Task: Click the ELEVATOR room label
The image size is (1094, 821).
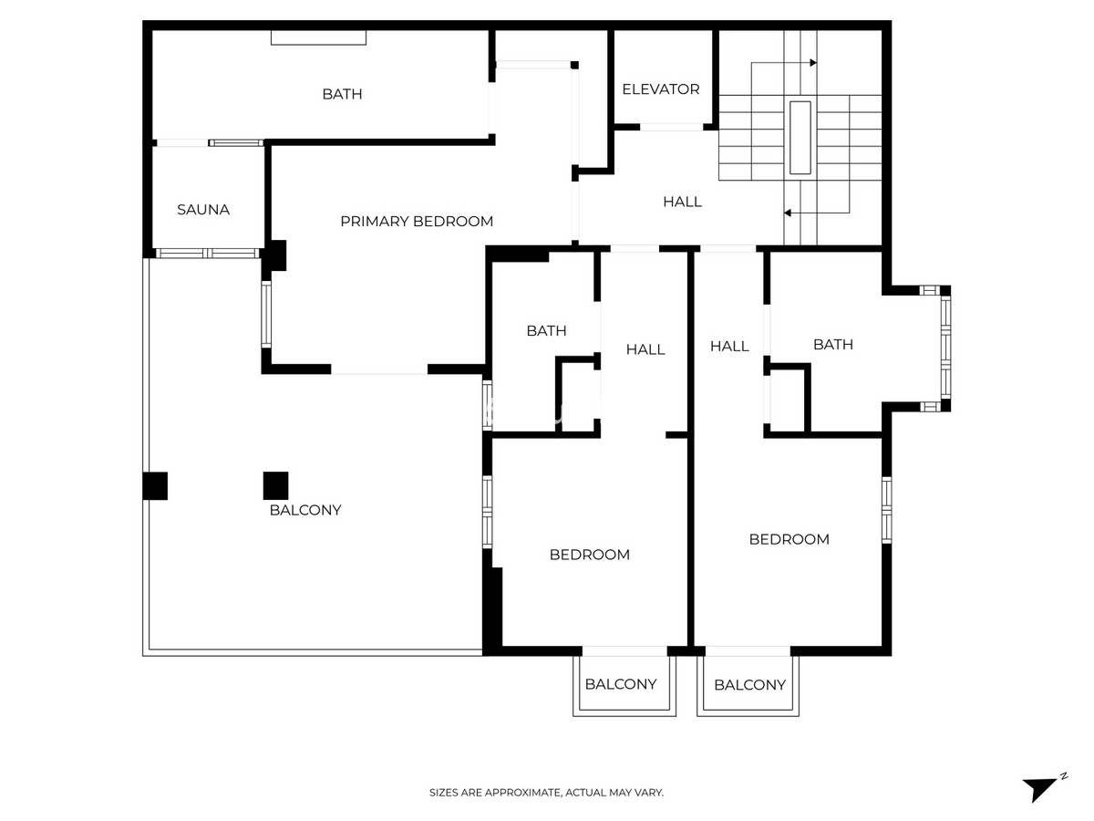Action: (661, 89)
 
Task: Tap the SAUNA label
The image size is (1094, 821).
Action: (203, 210)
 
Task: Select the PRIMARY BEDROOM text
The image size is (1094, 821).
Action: (417, 222)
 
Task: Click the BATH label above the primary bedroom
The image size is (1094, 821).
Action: (342, 94)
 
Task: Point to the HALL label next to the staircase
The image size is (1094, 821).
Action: (682, 202)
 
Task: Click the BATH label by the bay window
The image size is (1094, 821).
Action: (832, 345)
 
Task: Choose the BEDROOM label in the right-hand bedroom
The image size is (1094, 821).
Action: (789, 539)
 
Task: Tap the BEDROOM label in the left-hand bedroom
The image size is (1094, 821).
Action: (589, 555)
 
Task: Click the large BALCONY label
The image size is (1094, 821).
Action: (305, 510)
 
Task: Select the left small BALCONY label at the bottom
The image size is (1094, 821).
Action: (620, 684)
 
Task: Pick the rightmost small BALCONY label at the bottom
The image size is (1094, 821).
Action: (749, 685)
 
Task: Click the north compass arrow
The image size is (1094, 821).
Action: (1039, 788)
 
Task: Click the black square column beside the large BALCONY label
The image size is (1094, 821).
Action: (275, 485)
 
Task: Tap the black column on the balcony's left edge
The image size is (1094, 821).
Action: (155, 485)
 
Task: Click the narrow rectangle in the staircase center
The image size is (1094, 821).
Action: (800, 138)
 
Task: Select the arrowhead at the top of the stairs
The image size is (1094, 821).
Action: (813, 63)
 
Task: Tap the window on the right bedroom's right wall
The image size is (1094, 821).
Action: (886, 510)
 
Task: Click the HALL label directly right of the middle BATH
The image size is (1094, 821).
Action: (645, 349)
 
